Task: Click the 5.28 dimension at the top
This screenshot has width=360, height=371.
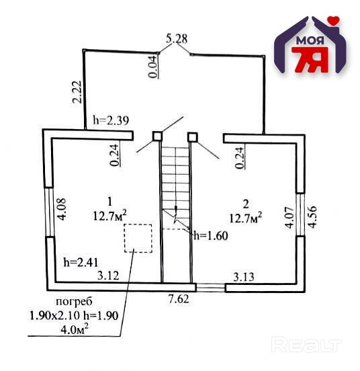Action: (x=177, y=39)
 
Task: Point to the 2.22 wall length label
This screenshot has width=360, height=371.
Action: (x=77, y=92)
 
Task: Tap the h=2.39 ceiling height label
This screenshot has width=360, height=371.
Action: (x=111, y=120)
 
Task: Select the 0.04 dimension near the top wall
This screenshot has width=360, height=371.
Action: (x=152, y=67)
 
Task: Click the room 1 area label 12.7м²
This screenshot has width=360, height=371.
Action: (x=110, y=216)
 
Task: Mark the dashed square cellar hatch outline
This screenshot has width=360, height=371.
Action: (x=138, y=239)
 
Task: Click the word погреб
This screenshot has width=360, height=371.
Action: (x=74, y=301)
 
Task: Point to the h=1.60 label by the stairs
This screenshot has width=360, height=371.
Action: (x=211, y=236)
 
